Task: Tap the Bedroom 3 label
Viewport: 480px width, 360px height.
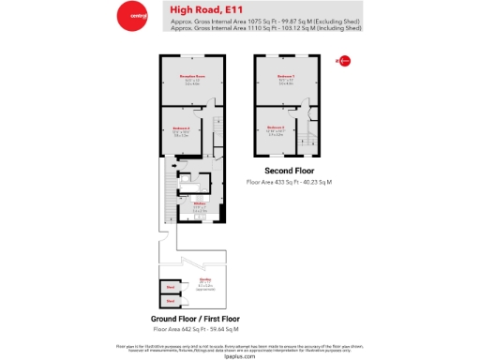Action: (181, 127)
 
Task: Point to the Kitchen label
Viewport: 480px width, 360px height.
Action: (200, 203)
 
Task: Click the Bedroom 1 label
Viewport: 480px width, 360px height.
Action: (285, 76)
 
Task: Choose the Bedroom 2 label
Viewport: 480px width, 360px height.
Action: (276, 127)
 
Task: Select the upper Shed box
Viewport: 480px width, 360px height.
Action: (172, 289)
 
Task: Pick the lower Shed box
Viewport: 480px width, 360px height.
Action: (172, 301)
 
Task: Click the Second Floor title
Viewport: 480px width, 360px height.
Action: (289, 171)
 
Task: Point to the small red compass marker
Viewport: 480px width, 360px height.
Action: (344, 62)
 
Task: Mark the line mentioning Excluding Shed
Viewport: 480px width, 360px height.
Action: (265, 21)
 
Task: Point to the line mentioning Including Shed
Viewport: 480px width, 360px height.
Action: (265, 28)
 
